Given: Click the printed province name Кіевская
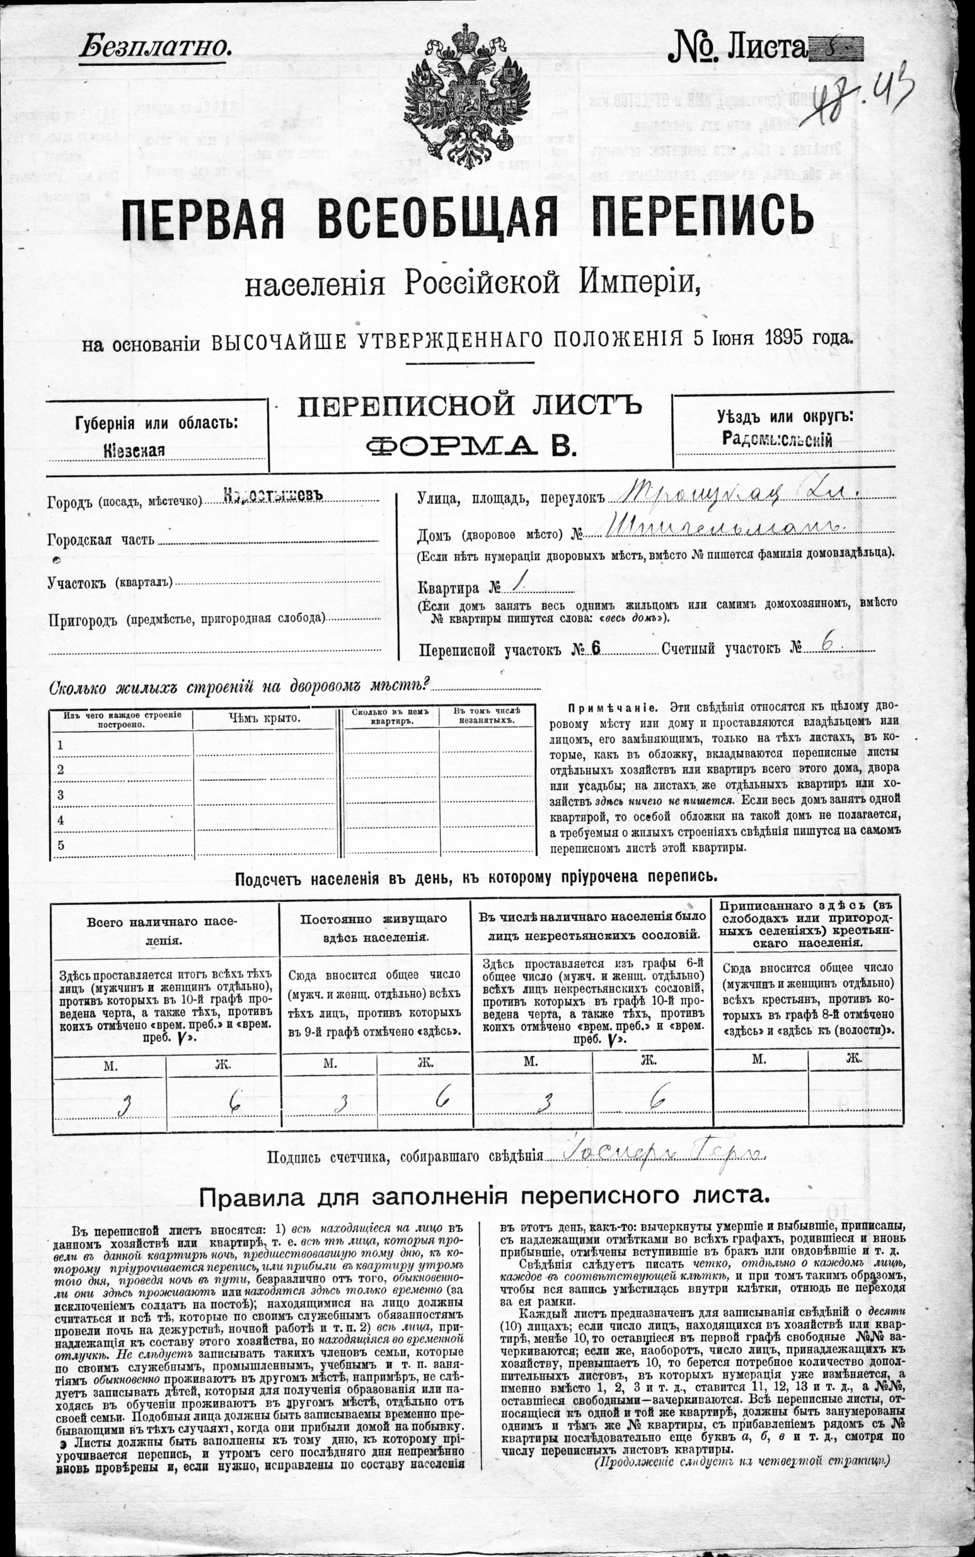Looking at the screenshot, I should point(134,450).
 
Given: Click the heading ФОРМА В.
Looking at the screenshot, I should point(470,445).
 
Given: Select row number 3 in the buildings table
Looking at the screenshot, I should point(61,795).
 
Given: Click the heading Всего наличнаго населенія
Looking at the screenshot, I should point(163,929).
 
